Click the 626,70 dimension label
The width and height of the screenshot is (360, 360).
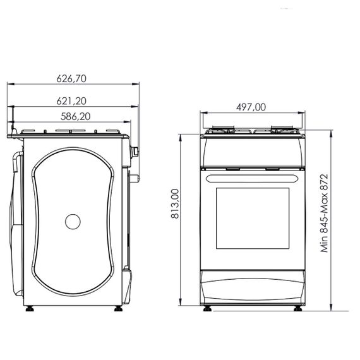click(x=71, y=78)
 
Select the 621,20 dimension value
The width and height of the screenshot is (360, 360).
click(x=71, y=101)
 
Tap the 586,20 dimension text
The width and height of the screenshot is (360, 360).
click(x=76, y=116)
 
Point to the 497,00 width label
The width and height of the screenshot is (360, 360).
click(x=251, y=107)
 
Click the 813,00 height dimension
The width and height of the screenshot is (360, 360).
click(x=175, y=203)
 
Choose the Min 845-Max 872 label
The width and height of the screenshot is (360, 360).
click(x=325, y=213)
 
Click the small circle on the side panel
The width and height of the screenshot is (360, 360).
click(x=73, y=222)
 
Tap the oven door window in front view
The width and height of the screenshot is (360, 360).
click(x=253, y=219)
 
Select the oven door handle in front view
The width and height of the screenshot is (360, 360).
click(x=253, y=179)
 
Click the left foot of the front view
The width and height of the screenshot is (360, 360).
click(x=207, y=309)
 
